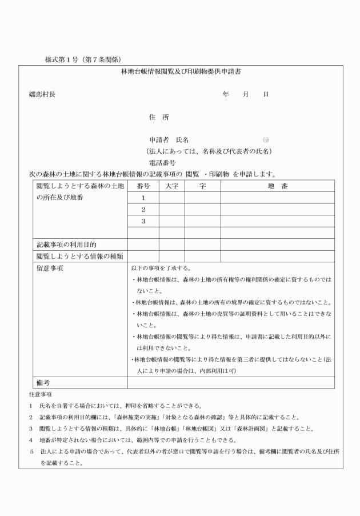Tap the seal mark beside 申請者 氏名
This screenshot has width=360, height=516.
pyautogui.click(x=266, y=139)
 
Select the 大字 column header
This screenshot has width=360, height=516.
pyautogui.click(x=172, y=186)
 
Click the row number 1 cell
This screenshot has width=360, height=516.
pyautogui.click(x=143, y=198)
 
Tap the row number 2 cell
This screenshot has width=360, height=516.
pyautogui.click(x=143, y=209)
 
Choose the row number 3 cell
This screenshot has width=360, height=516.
pyautogui.click(x=143, y=221)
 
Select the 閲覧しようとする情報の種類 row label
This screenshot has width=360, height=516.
pyautogui.click(x=80, y=256)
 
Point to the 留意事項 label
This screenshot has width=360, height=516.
pyautogui.click(x=49, y=268)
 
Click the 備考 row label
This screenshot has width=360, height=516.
pyautogui.click(x=43, y=382)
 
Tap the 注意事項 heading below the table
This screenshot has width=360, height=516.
pyautogui.click(x=40, y=394)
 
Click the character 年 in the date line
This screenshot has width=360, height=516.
pyautogui.click(x=226, y=94)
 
